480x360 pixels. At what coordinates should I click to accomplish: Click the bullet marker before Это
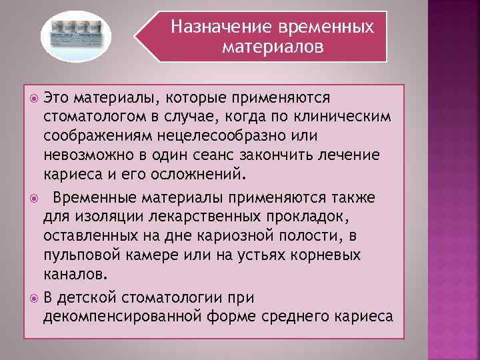35,99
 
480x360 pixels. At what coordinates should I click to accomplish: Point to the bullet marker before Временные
35,198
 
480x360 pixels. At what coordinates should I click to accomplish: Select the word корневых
326,255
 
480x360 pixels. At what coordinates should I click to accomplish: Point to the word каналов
73,274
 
